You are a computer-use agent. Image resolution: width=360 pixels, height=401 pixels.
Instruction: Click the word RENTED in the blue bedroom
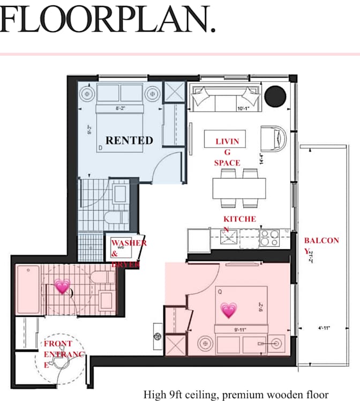pyautogui.click(x=129, y=140)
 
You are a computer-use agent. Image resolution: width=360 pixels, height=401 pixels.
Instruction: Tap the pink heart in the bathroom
pyautogui.click(x=63, y=286)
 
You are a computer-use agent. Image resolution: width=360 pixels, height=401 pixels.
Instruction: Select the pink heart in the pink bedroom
pyautogui.click(x=229, y=310)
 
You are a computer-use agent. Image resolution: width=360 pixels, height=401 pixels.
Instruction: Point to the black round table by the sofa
pyautogui.click(x=276, y=95)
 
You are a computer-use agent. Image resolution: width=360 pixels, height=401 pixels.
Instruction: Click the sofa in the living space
pyautogui.click(x=225, y=97)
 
